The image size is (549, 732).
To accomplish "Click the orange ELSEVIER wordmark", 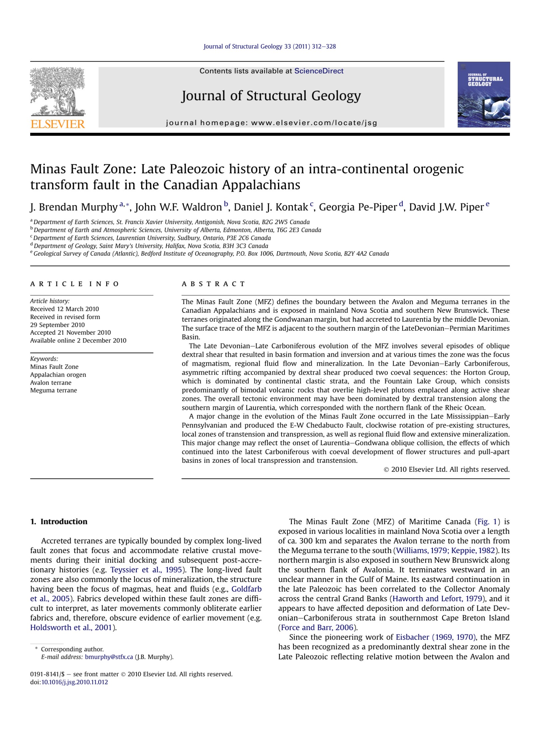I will pyautogui.click(x=58, y=124).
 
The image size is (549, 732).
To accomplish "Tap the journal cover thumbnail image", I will pyautogui.click(x=483, y=94).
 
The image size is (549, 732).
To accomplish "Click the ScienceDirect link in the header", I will pyautogui.click(x=318, y=71).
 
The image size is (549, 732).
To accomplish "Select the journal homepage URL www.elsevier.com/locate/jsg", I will pyautogui.click(x=314, y=123).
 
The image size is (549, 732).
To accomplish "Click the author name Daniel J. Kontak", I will pyautogui.click(x=271, y=207).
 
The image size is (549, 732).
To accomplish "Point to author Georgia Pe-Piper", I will pyautogui.click(x=358, y=207).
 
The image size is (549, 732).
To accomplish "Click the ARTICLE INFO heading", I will pyautogui.click(x=75, y=284).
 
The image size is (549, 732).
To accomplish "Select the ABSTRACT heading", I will pyautogui.click(x=213, y=284).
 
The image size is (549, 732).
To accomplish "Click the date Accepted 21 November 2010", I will pyautogui.click(x=71, y=332).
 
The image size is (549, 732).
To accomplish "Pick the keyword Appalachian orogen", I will pyautogui.click(x=58, y=375).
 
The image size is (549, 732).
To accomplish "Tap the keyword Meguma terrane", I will pyautogui.click(x=53, y=390).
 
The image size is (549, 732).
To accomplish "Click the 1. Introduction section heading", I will pyautogui.click(x=59, y=521).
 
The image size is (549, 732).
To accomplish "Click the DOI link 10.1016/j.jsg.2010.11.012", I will pyautogui.click(x=75, y=682).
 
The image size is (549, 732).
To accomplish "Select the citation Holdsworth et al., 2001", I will pyautogui.click(x=71, y=628).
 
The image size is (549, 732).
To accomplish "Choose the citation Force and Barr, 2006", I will pyautogui.click(x=317, y=628).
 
